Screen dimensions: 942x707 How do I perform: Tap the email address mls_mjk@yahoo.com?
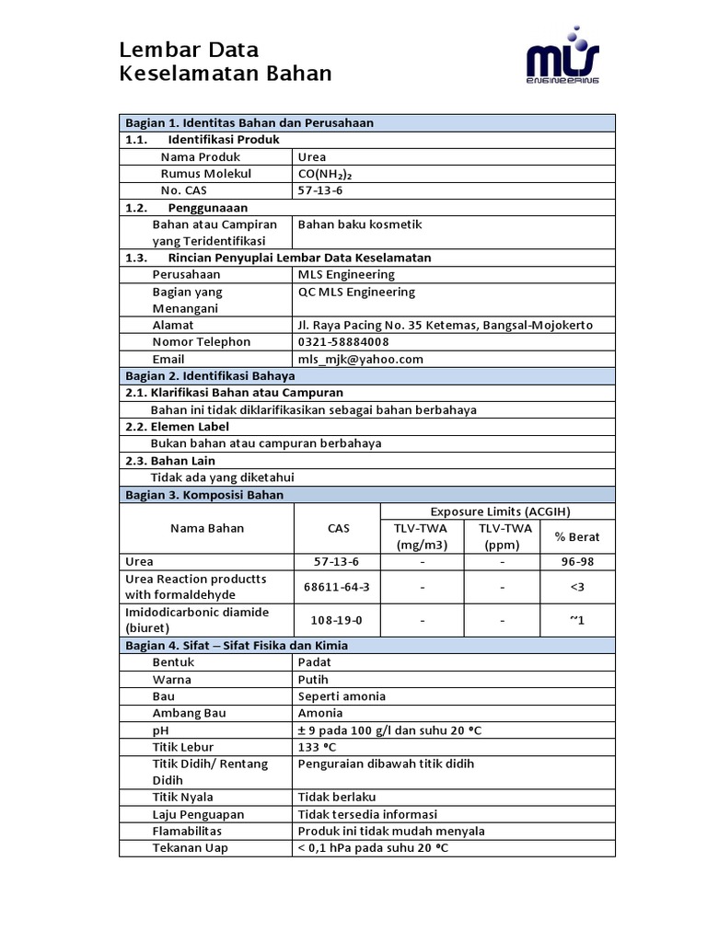click(360, 359)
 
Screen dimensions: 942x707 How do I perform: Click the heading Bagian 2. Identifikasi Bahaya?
click(210, 375)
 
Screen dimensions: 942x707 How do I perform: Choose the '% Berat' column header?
click(577, 536)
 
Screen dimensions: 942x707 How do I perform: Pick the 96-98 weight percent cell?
click(577, 561)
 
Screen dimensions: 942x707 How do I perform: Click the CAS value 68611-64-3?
click(336, 587)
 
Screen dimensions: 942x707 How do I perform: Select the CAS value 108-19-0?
click(336, 620)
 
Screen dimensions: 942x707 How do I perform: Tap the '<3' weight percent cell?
click(577, 587)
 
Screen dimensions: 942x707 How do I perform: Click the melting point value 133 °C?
click(318, 746)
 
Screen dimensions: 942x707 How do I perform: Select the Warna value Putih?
click(313, 679)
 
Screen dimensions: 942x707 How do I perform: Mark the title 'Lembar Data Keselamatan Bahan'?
click(226, 62)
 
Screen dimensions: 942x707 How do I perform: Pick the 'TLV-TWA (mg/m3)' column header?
click(422, 536)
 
